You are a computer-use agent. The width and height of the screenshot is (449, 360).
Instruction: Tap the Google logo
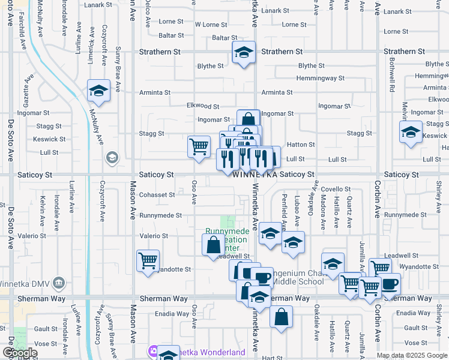(20, 353)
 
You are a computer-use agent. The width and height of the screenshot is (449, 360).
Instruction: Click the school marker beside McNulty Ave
(98, 91)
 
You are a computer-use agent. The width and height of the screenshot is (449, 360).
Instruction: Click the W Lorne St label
(211, 25)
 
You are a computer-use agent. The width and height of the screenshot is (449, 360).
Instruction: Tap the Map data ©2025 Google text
(412, 355)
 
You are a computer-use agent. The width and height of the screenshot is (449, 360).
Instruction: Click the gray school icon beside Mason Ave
(111, 158)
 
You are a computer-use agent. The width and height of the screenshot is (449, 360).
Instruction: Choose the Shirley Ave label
(439, 196)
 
